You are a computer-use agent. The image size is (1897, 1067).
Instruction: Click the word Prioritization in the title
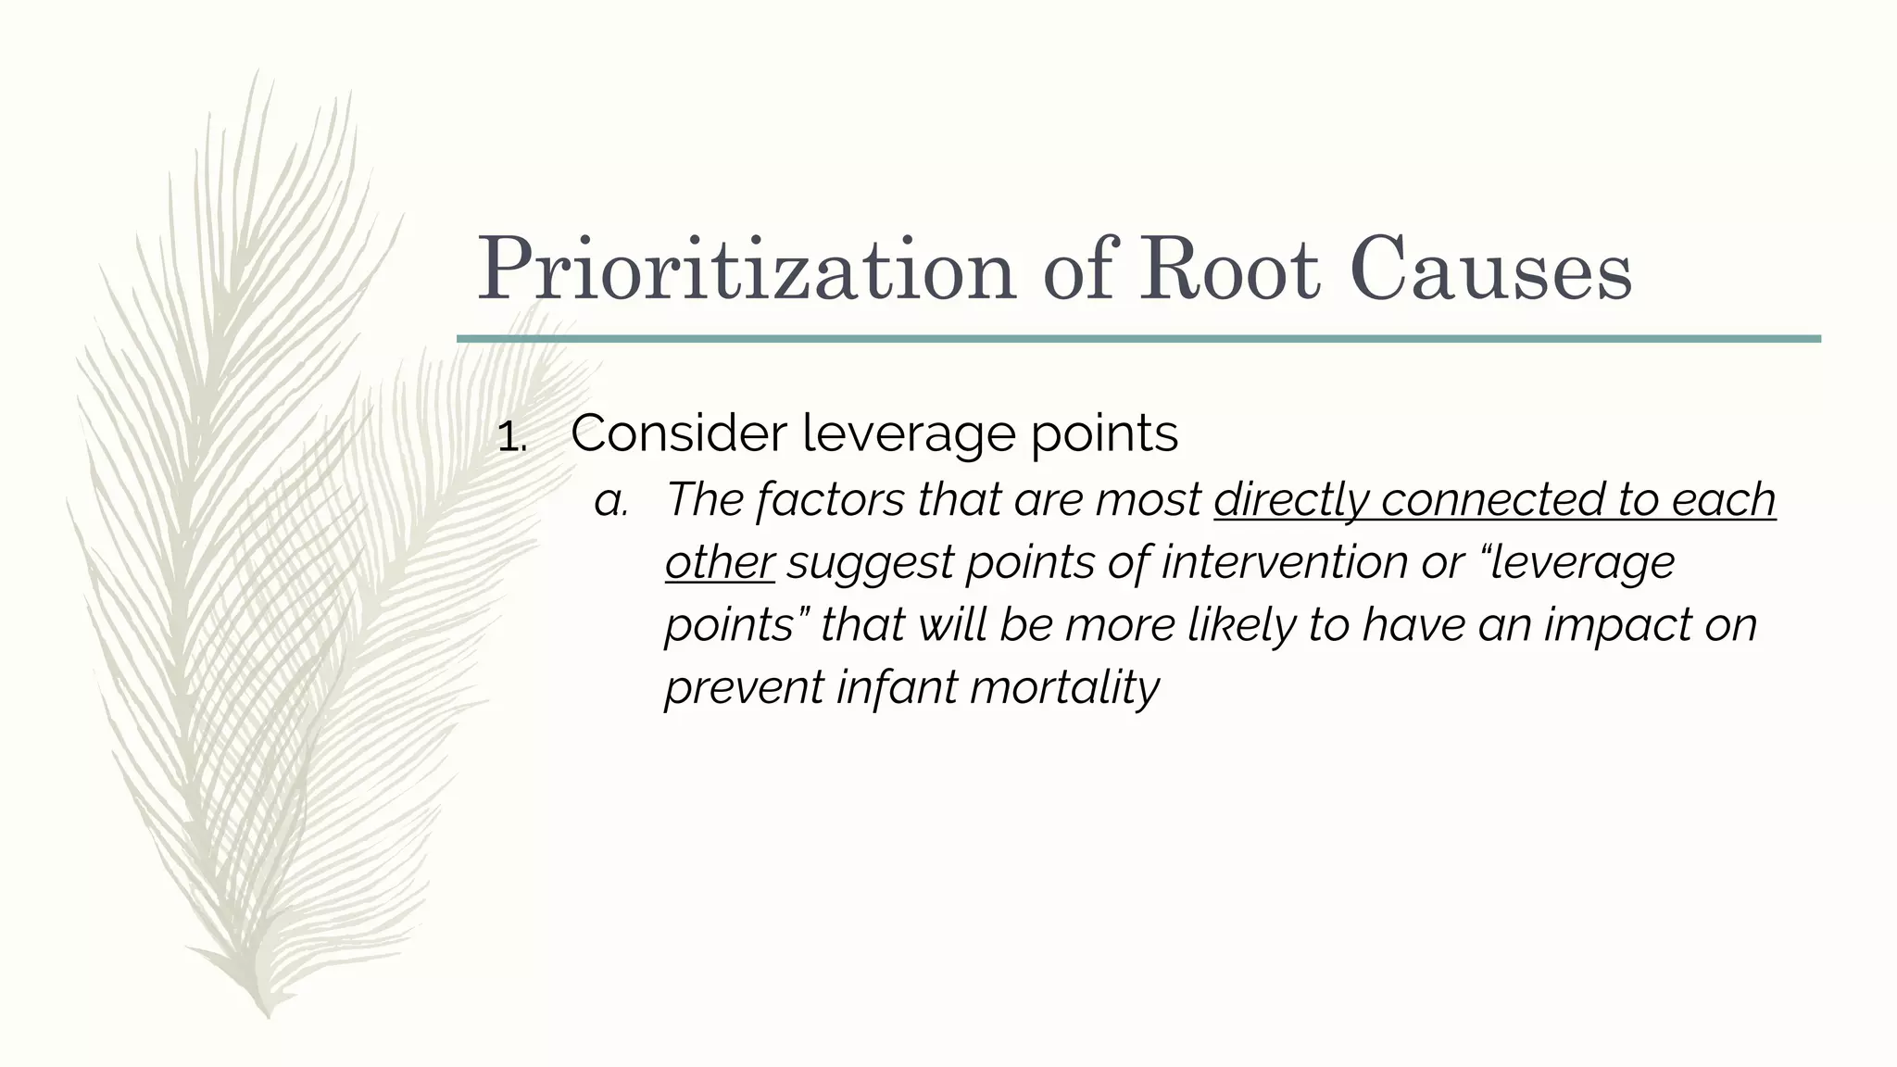(746, 270)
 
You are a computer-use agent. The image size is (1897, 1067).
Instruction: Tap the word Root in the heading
(1228, 270)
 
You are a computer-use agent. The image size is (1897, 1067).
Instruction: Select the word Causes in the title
(1491, 270)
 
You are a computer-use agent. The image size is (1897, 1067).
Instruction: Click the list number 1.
(510, 436)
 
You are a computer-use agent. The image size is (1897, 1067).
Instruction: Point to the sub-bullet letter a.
(611, 501)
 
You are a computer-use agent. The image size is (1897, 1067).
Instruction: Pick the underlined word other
(719, 562)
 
